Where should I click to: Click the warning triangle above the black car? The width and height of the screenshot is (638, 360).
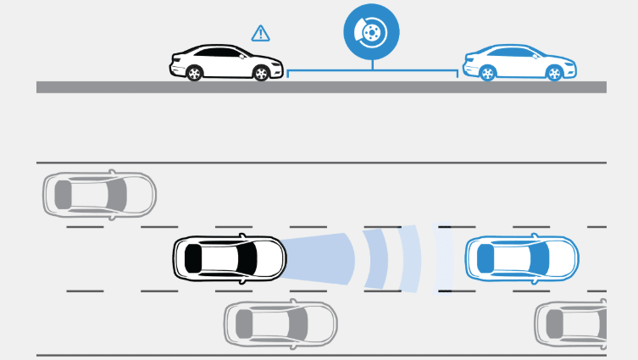click(x=260, y=34)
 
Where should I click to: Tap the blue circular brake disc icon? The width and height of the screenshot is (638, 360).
click(x=371, y=32)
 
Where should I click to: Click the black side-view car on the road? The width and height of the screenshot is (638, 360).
click(x=227, y=63)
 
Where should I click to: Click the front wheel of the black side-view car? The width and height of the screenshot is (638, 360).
click(x=262, y=74)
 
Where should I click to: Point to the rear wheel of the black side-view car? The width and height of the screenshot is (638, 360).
click(x=194, y=74)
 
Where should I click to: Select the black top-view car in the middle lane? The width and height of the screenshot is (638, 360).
click(x=229, y=258)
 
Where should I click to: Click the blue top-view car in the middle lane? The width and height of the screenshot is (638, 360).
click(x=521, y=258)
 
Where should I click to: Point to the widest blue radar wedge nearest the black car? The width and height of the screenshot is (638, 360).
click(x=322, y=258)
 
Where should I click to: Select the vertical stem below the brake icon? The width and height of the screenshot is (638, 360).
click(x=371, y=61)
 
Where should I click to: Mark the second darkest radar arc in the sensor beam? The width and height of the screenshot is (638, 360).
click(x=378, y=258)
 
